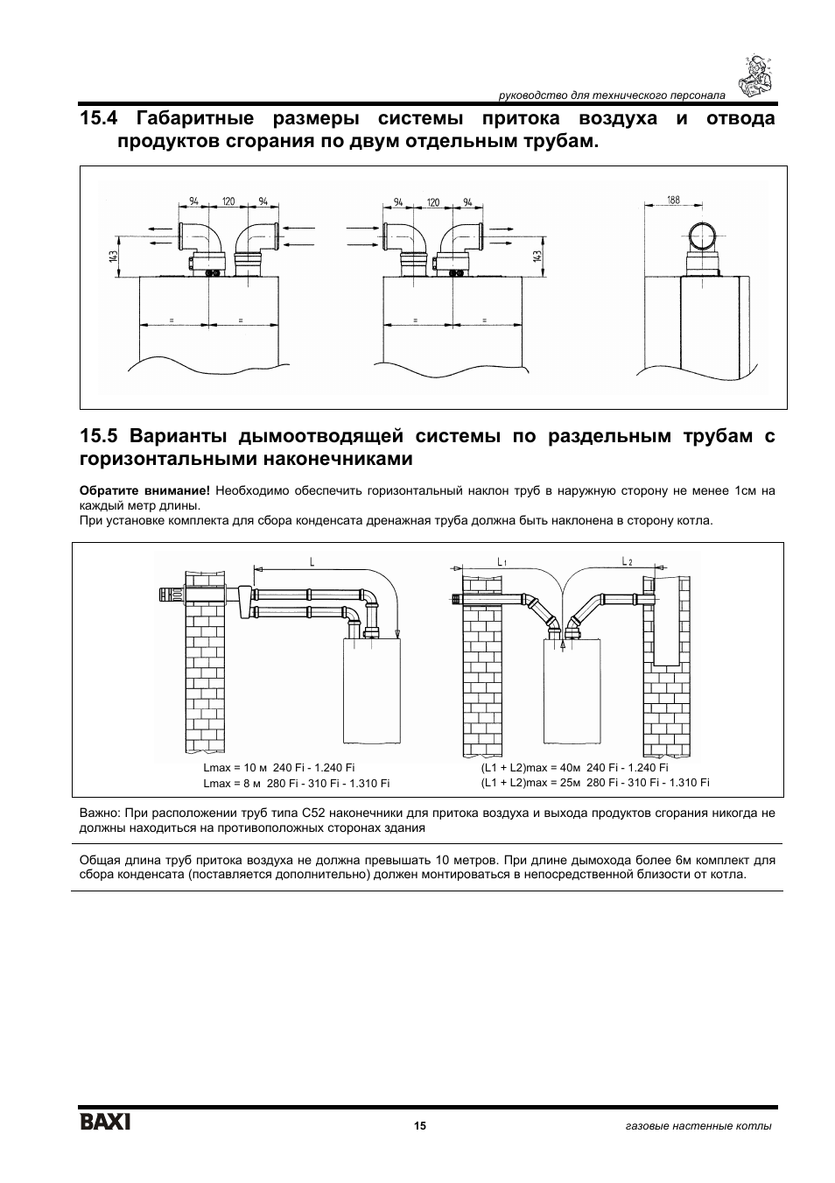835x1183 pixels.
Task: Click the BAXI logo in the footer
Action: [106, 1122]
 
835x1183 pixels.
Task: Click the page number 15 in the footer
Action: [420, 1125]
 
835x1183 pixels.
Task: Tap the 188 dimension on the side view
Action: [673, 201]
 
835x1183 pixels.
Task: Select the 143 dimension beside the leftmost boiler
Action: [114, 255]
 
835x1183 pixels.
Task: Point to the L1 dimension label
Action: [502, 560]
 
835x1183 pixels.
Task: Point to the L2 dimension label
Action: [627, 560]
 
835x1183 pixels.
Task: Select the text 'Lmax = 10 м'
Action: [234, 768]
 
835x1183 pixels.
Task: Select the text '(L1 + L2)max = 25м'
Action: [531, 783]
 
